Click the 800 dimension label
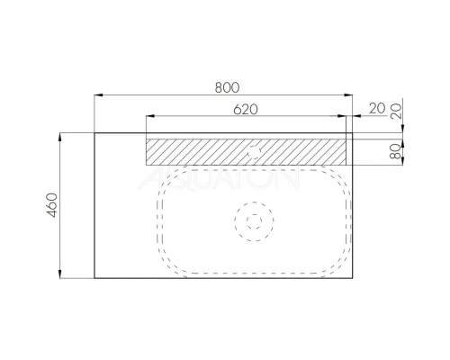227,87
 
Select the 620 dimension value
246,110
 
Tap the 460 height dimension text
52,205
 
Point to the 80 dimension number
395,151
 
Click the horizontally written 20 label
377,108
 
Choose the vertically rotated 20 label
395,111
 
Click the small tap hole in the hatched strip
254,151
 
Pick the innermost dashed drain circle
254,221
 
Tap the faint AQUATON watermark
219,179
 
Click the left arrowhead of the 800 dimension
98,95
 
